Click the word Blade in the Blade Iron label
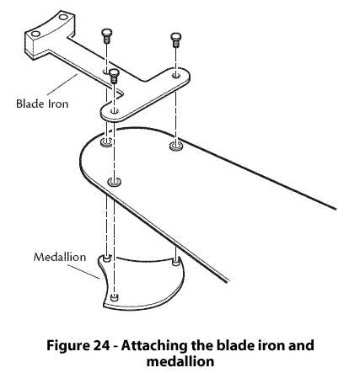[30, 104]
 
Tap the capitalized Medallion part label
[60, 257]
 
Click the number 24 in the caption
[101, 345]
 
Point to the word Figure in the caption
[67, 346]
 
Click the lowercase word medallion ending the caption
[180, 361]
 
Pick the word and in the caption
[301, 345]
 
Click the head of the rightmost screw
[176, 36]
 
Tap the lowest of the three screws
[114, 76]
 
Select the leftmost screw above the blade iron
[106, 36]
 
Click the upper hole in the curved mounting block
[63, 17]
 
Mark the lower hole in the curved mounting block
[35, 34]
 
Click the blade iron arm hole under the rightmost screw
[176, 75]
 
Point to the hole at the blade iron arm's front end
[114, 111]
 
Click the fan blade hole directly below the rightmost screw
[175, 146]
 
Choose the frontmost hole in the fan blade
[115, 182]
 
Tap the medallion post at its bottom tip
[114, 297]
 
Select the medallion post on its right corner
[175, 263]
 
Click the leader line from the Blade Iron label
[62, 84]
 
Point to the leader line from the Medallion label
[83, 272]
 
